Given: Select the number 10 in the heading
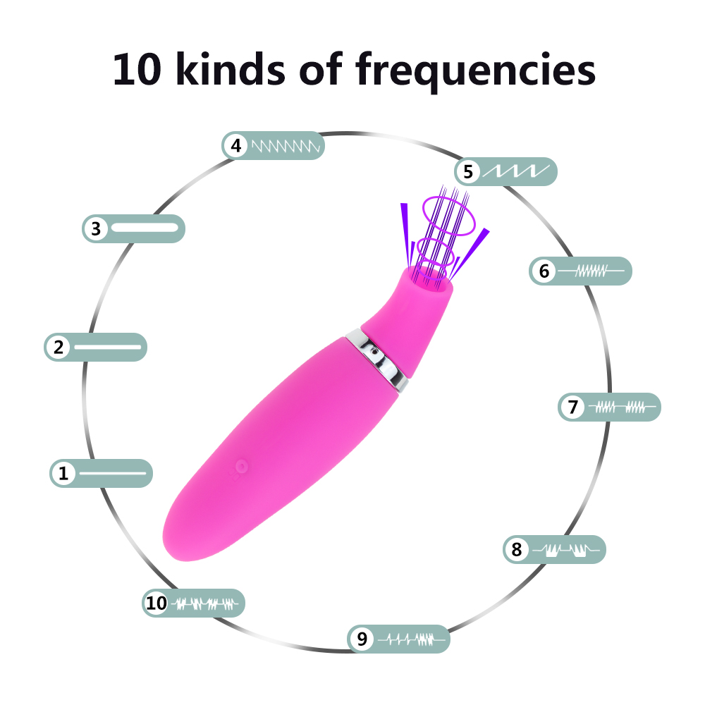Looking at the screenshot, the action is (x=137, y=69).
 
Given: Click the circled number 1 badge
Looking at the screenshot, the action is (x=63, y=473).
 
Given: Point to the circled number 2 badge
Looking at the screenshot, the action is (x=59, y=347).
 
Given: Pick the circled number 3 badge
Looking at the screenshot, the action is (x=96, y=229).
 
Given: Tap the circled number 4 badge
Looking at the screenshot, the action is (x=236, y=146).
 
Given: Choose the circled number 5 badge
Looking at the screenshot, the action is (x=468, y=171).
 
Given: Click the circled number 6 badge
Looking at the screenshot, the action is (x=544, y=271).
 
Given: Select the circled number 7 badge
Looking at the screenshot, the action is (x=572, y=407).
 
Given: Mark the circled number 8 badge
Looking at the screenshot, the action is (x=517, y=549).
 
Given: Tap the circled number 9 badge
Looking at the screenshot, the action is (x=362, y=639).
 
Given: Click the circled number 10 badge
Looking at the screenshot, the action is (x=156, y=603).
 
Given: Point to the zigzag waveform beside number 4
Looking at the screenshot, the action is (x=286, y=146).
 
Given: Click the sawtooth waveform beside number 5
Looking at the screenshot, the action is (x=516, y=171).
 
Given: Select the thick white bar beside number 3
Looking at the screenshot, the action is (x=145, y=228).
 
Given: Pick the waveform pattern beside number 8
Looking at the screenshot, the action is (x=565, y=550).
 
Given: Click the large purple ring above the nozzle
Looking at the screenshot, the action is (x=448, y=215).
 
